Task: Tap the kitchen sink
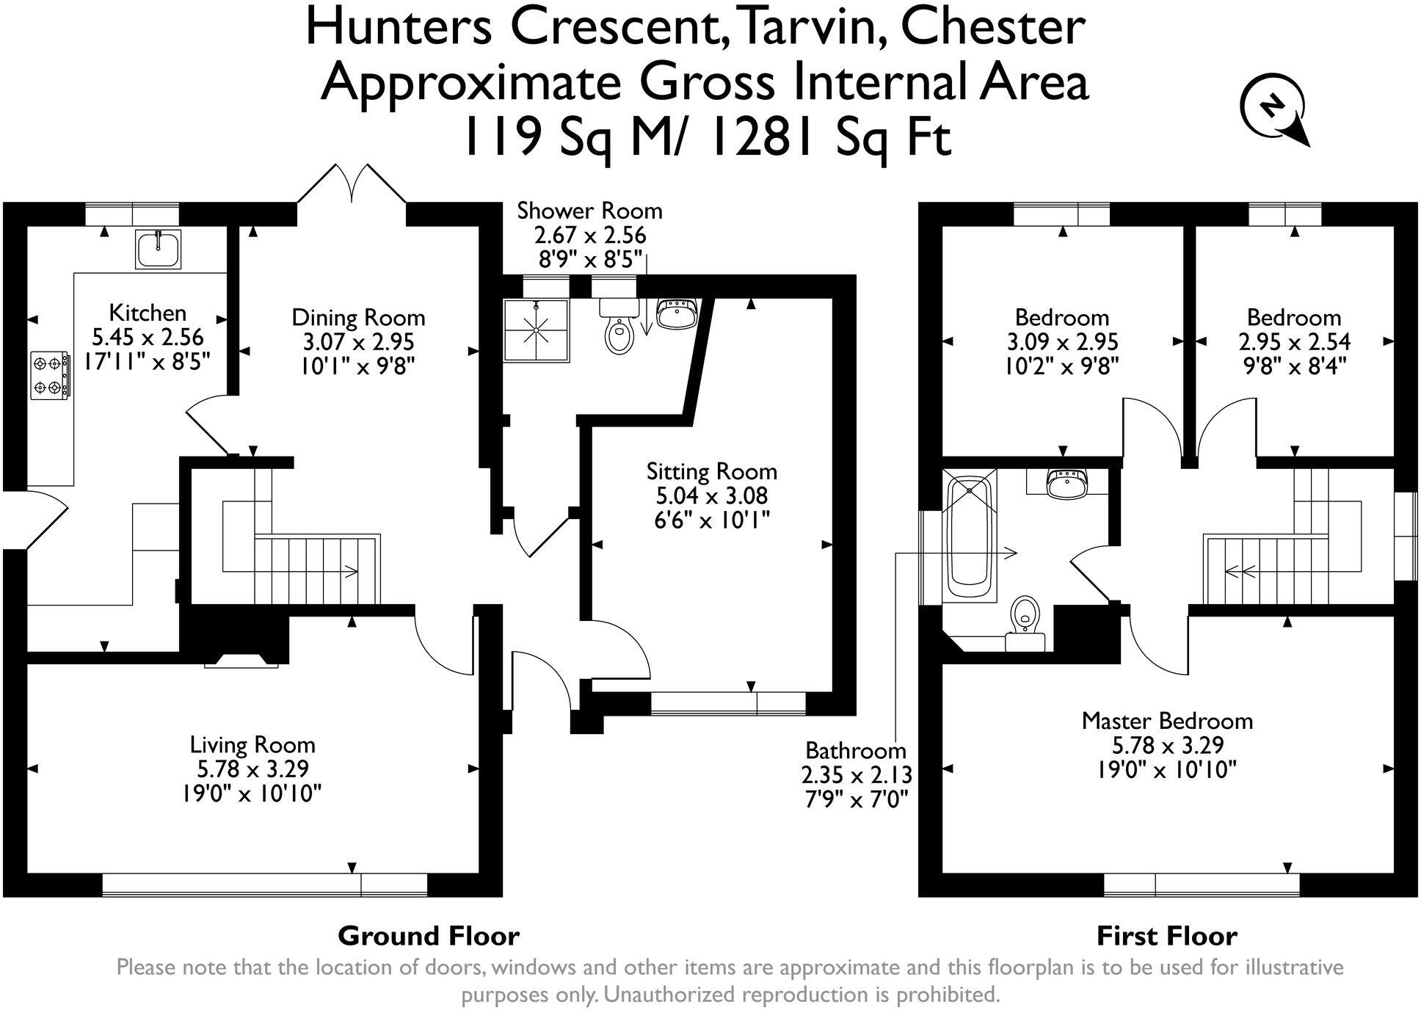(x=158, y=249)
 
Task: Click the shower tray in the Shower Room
(x=537, y=330)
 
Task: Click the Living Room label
(x=252, y=745)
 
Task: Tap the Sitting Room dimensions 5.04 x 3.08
(x=711, y=495)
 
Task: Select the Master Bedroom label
(x=1167, y=721)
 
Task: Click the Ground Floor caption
(x=428, y=937)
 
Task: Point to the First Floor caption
(x=1166, y=937)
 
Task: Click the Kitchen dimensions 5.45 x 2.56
(x=148, y=338)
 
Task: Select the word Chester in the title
(x=992, y=28)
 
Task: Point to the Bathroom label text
(x=856, y=751)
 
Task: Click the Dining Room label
(x=358, y=318)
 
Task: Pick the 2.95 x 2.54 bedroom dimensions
(x=1294, y=342)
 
